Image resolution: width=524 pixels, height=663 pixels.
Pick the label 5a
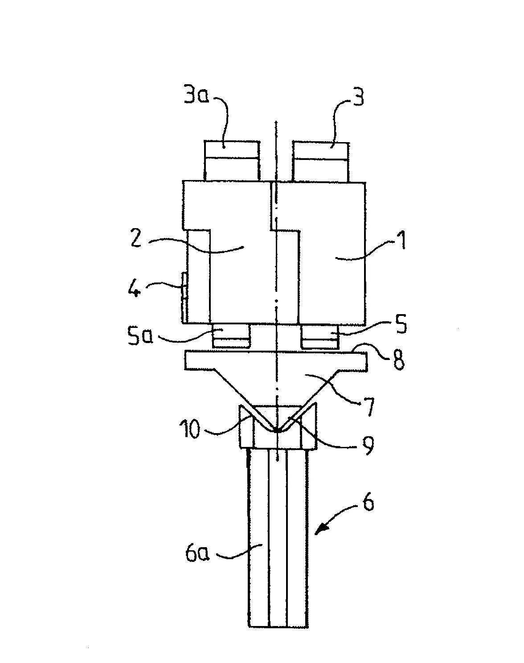(140, 335)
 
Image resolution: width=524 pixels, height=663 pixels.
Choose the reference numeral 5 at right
(401, 323)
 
